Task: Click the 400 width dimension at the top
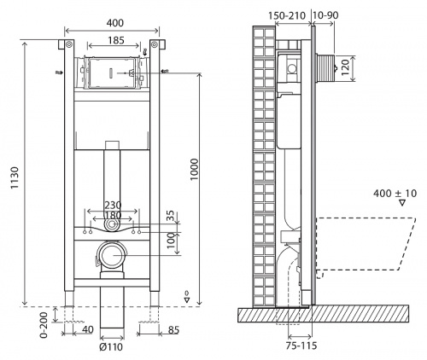(115, 23)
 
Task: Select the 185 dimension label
(116, 40)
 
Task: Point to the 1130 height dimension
(15, 177)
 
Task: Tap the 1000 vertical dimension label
(195, 169)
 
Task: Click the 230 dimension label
(113, 206)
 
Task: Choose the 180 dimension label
(113, 215)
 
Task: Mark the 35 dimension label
(171, 217)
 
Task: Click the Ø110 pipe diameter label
(111, 347)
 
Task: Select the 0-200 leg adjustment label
(44, 325)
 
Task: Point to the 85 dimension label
(173, 330)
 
